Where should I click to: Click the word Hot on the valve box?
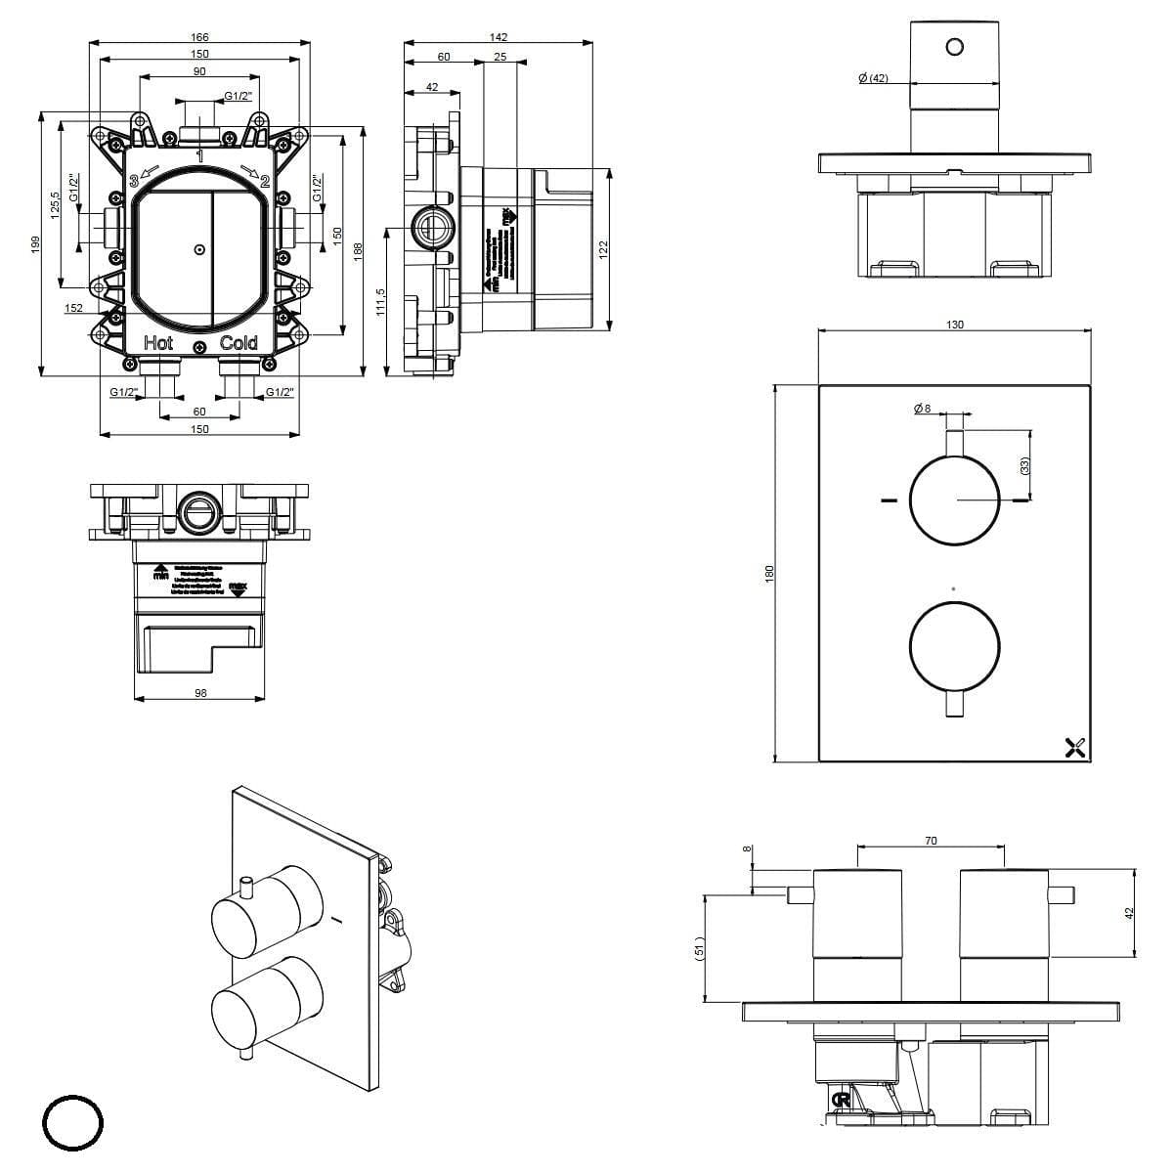[158, 343]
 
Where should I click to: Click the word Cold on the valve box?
[239, 343]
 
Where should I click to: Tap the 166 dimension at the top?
[199, 37]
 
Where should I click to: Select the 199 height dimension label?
[34, 242]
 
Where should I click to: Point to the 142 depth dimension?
[500, 37]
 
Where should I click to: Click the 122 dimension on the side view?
[603, 250]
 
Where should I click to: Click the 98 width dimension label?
[199, 693]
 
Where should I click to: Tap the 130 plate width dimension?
[955, 325]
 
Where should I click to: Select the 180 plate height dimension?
[769, 573]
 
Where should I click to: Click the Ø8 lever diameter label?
[922, 410]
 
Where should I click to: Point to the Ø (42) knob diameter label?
[873, 78]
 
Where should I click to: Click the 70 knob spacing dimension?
[931, 841]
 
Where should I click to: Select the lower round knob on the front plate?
[955, 647]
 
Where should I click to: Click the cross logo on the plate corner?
[1075, 749]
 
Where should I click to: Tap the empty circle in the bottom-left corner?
[73, 1124]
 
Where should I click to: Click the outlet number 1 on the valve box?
[199, 155]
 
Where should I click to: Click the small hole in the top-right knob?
[955, 45]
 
